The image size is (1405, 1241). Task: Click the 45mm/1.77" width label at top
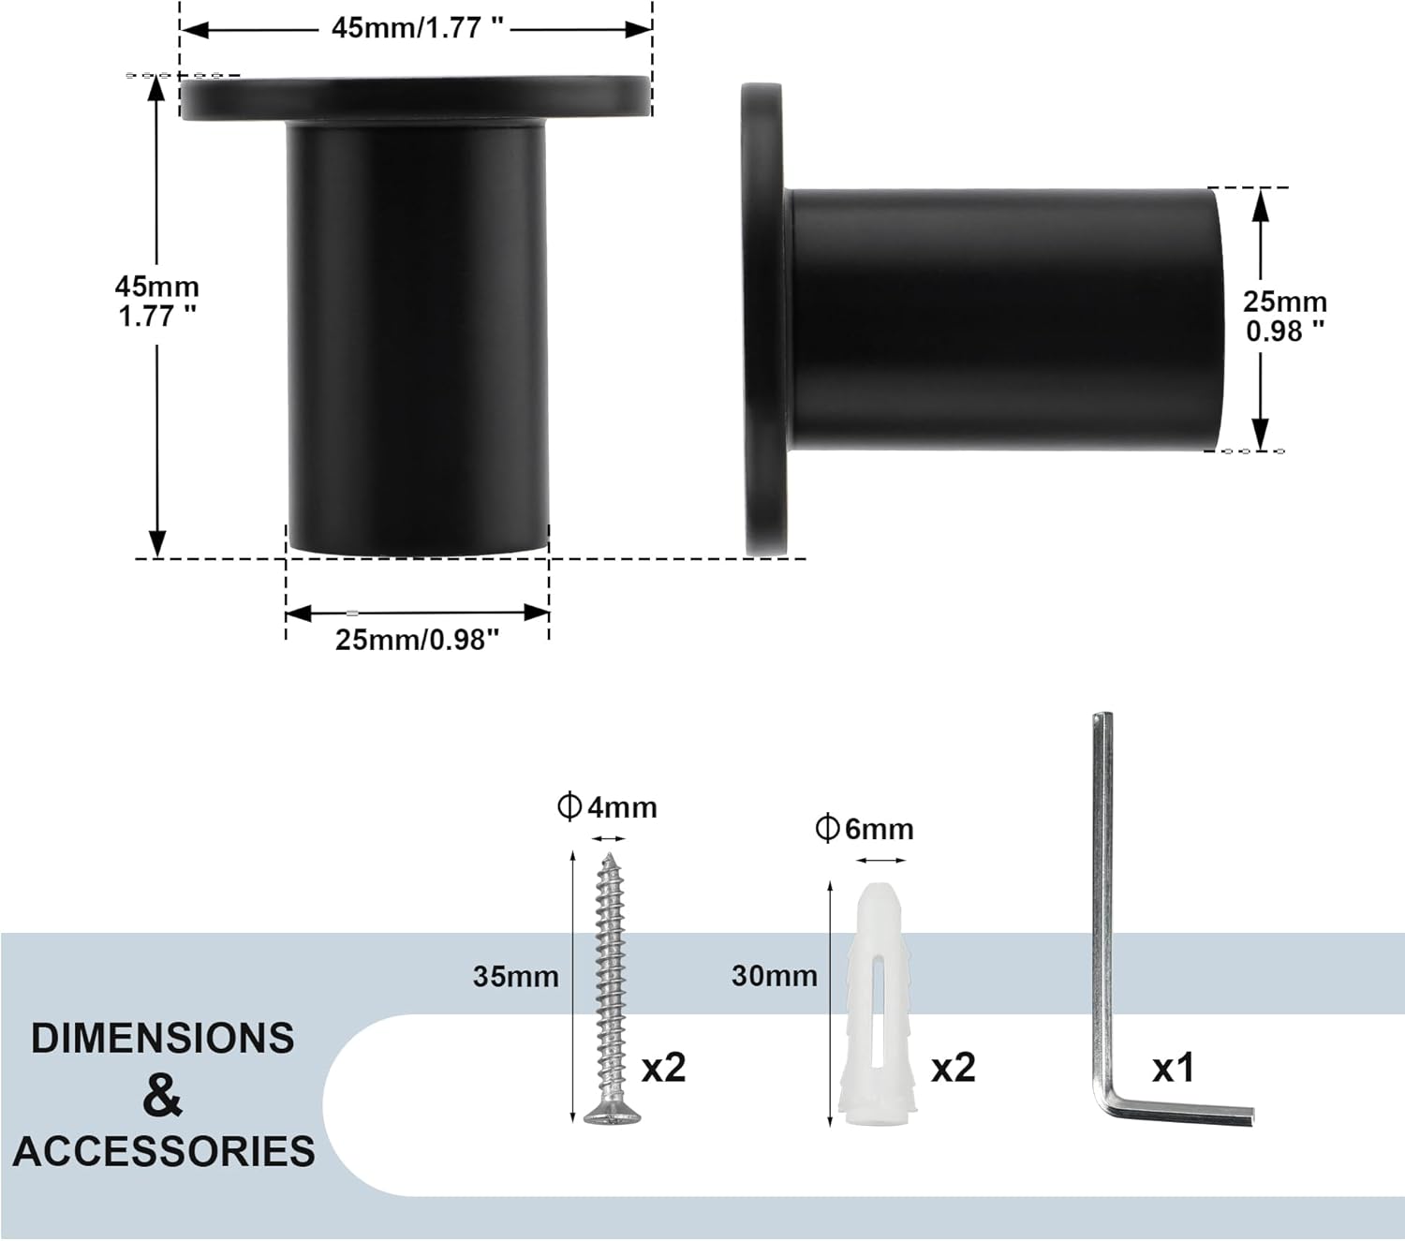pos(417,28)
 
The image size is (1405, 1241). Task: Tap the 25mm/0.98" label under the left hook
pos(417,640)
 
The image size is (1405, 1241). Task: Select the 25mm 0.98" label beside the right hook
pos(1285,316)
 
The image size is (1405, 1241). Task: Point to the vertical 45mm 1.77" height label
pos(157,301)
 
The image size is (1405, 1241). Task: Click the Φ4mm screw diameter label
pos(607,806)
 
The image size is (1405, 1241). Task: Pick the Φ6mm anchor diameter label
pos(864,829)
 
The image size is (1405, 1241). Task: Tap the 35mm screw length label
pos(515,976)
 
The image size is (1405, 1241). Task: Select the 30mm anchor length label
pos(774,976)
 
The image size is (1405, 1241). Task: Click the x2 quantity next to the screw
pos(663,1067)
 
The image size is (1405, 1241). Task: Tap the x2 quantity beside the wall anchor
pos(953,1067)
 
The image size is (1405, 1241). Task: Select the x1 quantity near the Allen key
pos(1173,1067)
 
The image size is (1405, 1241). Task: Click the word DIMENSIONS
pos(162,1039)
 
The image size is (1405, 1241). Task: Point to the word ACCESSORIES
pos(164,1151)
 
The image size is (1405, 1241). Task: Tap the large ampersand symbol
pos(162,1095)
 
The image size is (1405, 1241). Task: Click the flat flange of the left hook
pos(416,98)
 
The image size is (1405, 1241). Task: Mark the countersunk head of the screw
pos(613,1115)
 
